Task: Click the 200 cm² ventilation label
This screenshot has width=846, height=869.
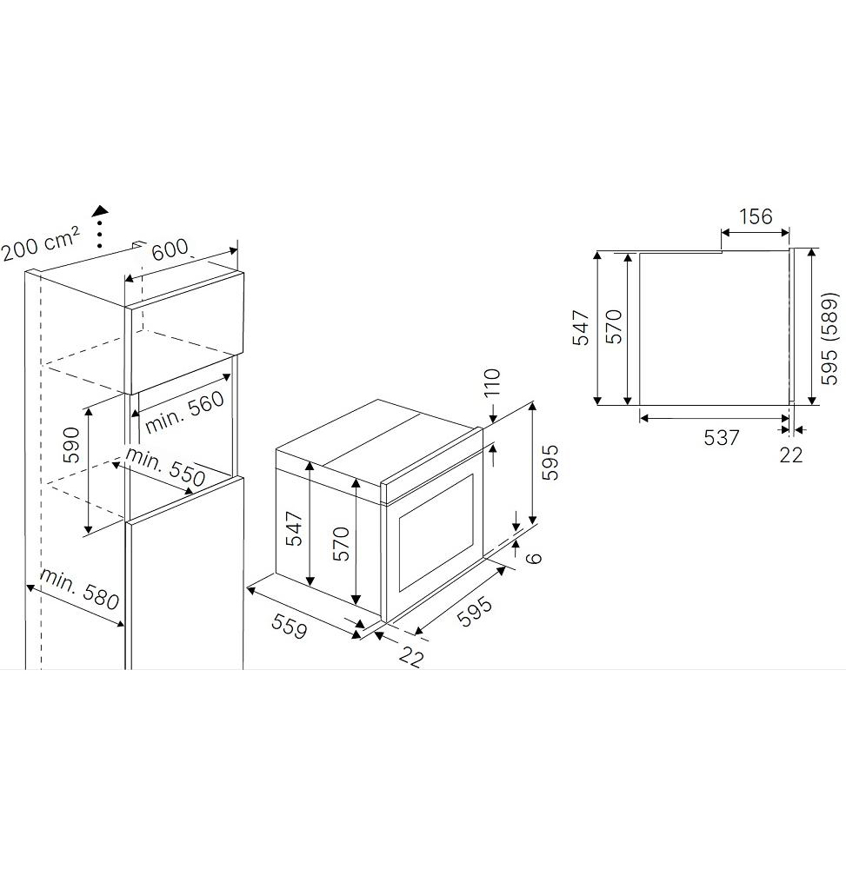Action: (41, 244)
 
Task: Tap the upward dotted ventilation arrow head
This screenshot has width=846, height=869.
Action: (100, 210)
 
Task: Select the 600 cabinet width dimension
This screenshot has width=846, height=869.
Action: (170, 249)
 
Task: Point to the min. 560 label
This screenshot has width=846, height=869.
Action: (184, 412)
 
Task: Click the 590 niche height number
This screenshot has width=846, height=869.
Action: (72, 444)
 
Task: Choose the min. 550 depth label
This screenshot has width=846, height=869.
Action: (165, 467)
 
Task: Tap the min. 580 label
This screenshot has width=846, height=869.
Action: (79, 588)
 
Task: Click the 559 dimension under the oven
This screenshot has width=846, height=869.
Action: (289, 627)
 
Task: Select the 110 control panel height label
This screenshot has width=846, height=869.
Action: (492, 381)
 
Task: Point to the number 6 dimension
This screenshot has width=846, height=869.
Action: (533, 558)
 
